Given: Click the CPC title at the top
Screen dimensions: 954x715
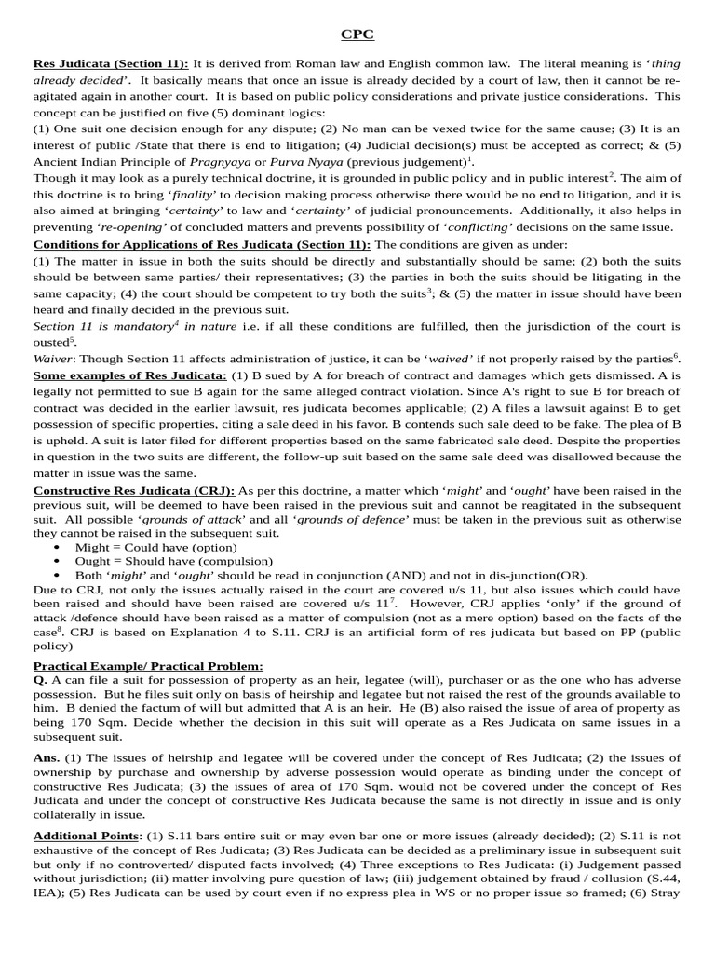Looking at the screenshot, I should [x=357, y=35].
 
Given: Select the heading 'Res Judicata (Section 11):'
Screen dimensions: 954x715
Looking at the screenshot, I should [x=111, y=63].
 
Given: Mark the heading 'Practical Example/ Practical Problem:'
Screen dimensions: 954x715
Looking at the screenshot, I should [x=148, y=666].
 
